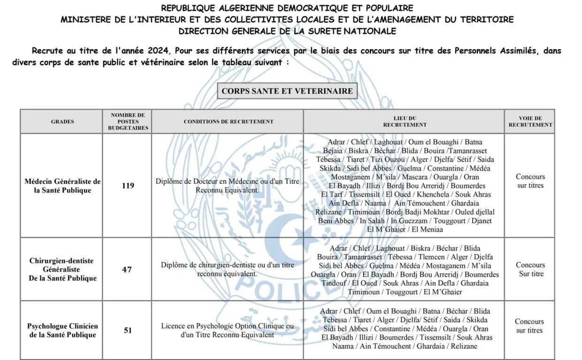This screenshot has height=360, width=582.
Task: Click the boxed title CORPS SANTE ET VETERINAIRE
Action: pyautogui.click(x=287, y=91)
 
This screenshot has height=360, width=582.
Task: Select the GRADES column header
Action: pyautogui.click(x=62, y=122)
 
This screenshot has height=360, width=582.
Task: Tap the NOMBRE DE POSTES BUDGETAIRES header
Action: pyautogui.click(x=128, y=121)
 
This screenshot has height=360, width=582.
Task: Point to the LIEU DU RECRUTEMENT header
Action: pyautogui.click(x=405, y=122)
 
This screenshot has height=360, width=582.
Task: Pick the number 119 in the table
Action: pyautogui.click(x=128, y=185)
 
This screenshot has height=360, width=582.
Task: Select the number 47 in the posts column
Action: pyautogui.click(x=128, y=269)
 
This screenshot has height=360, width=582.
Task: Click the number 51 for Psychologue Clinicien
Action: pyautogui.click(x=128, y=330)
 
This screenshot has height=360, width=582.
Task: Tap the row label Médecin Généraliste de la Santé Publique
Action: pyautogui.click(x=62, y=186)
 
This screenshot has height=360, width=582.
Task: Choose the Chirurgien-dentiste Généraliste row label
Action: pyautogui.click(x=62, y=269)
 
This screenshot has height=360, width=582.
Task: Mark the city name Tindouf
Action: pyautogui.click(x=334, y=283)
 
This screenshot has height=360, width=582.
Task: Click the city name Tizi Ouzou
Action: pyautogui.click(x=388, y=159)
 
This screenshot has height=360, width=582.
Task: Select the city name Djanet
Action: pyautogui.click(x=482, y=221)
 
